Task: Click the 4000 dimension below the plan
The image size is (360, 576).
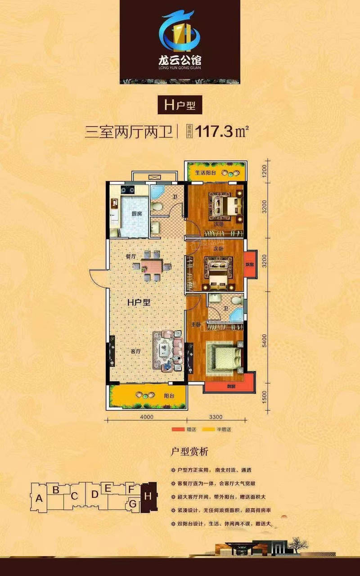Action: [x=145, y=417]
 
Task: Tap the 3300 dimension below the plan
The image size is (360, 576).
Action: [x=217, y=417]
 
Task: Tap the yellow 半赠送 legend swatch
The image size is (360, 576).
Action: [x=209, y=430]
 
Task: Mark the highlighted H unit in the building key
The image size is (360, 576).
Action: [x=148, y=496]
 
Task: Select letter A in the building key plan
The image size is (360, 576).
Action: [x=40, y=498]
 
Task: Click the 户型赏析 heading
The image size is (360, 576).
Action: [x=189, y=451]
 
